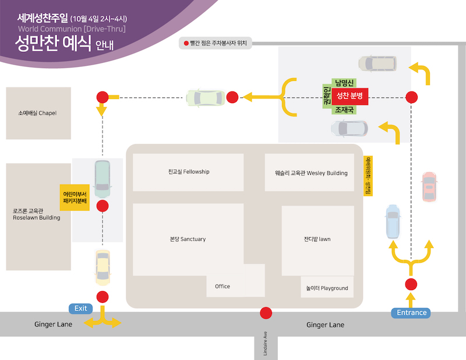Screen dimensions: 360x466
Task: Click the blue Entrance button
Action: point(411,313)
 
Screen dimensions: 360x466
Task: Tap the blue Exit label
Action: point(80,308)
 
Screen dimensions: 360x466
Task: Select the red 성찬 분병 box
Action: point(349,96)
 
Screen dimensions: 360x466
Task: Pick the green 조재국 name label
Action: point(344,109)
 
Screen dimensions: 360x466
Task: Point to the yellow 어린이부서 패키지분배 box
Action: point(75,197)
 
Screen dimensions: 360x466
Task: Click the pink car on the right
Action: point(429,186)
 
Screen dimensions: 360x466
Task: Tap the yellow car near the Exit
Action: point(103,266)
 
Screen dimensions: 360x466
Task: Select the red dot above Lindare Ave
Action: point(266,313)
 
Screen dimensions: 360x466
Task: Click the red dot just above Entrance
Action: point(411,284)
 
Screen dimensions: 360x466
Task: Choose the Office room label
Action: point(223,286)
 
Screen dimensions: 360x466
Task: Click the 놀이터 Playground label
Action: point(327,288)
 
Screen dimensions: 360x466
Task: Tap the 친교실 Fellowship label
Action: point(189,172)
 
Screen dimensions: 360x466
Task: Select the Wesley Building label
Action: point(311,173)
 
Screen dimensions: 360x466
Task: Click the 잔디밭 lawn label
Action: point(317,239)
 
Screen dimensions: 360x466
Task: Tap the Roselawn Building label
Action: point(36,214)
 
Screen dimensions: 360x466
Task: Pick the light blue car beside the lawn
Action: point(393,221)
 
